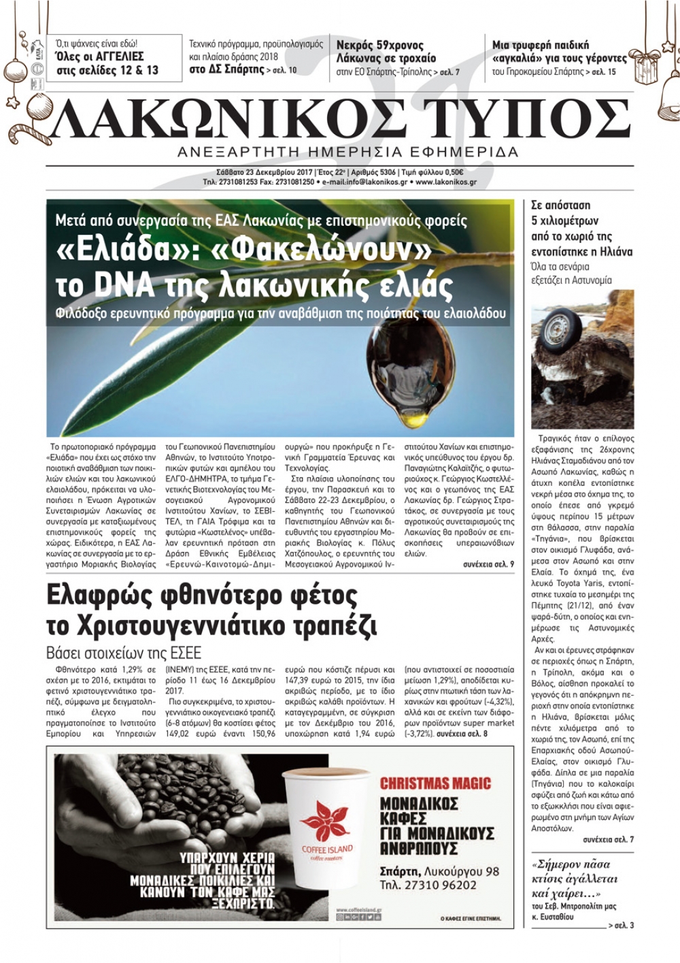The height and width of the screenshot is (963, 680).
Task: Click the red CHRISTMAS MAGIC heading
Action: coord(435,782)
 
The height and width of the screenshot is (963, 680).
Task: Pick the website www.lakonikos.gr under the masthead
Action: coord(445,182)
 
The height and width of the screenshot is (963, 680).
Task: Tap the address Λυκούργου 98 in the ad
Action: coord(462,870)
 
